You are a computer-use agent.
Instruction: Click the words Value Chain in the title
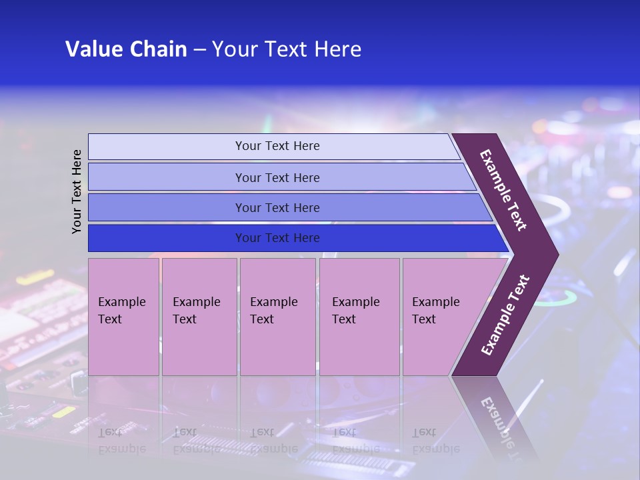126,49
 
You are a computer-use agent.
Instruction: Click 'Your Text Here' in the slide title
287,49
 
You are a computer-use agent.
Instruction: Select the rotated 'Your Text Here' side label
77,191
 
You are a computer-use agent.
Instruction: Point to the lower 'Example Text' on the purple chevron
505,315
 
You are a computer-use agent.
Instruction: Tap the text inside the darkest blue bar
277,238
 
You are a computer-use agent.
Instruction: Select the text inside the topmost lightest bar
277,146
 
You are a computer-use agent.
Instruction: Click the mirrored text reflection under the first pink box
121,441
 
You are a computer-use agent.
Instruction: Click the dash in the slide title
199,49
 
